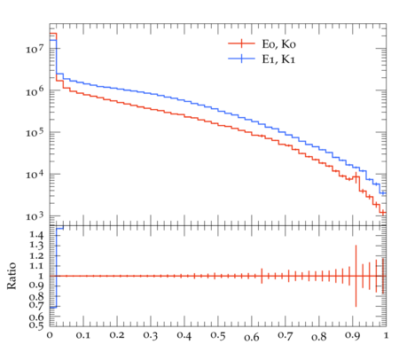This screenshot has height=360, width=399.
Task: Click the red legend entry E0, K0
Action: pyautogui.click(x=278, y=44)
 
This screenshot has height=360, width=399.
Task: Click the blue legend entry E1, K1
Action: pyautogui.click(x=278, y=59)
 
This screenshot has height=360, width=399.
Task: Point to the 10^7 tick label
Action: pyautogui.click(x=35, y=48)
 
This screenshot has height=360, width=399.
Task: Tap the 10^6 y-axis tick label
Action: pyautogui.click(x=35, y=90)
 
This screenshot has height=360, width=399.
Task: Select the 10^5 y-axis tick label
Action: pyautogui.click(x=35, y=132)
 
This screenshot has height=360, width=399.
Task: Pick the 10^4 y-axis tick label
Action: pyautogui.click(x=35, y=174)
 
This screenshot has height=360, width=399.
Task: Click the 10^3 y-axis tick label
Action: pyautogui.click(x=35, y=216)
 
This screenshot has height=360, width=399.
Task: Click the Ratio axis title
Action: pyautogui.click(x=12, y=276)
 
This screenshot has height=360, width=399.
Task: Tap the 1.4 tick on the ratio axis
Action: pyautogui.click(x=36, y=235)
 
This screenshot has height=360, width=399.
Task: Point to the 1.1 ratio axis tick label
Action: pyautogui.click(x=36, y=266)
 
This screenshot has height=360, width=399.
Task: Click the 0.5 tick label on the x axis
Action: pyautogui.click(x=218, y=335)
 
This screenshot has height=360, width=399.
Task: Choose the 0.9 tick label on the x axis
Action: pyautogui.click(x=353, y=335)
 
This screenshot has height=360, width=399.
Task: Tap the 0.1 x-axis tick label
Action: pyautogui.click(x=83, y=335)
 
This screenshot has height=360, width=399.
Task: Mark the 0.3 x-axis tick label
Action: pyautogui.click(x=151, y=335)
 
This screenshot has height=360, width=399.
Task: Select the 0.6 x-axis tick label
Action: pyautogui.click(x=252, y=337)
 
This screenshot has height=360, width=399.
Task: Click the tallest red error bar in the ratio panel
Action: pyautogui.click(x=356, y=276)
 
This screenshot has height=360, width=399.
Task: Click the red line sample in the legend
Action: pyautogui.click(x=241, y=43)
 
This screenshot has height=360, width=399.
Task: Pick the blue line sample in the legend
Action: pyautogui.click(x=241, y=59)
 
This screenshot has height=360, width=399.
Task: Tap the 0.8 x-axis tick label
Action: pyautogui.click(x=319, y=337)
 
